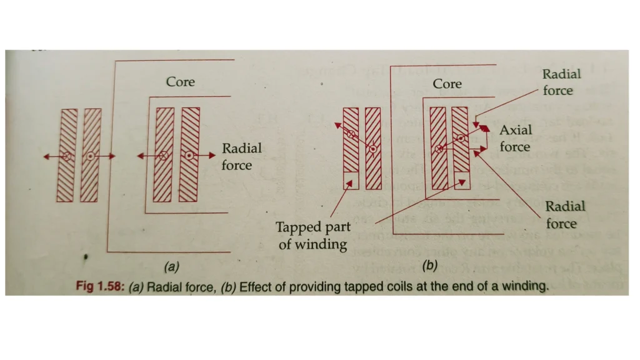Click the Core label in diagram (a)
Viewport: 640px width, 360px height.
click(x=180, y=82)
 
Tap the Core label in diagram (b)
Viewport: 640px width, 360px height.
click(x=447, y=84)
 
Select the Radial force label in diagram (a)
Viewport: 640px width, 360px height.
click(x=241, y=157)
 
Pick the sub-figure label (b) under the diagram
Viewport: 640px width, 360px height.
click(x=429, y=266)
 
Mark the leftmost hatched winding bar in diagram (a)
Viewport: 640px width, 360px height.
click(x=67, y=155)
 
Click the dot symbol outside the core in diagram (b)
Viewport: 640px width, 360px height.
click(x=372, y=149)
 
